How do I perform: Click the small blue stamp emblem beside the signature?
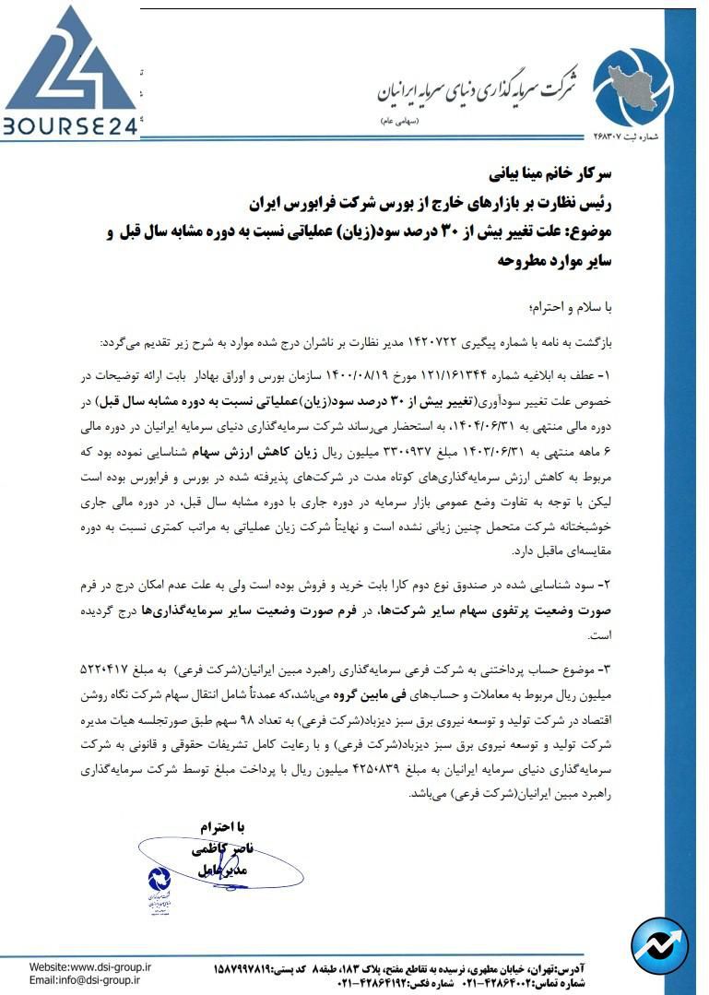click(159, 887)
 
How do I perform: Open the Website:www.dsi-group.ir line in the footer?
click(90, 966)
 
